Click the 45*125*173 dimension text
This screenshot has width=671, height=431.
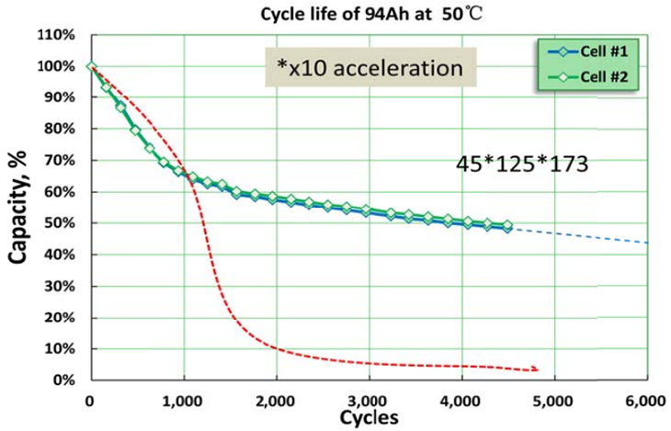click(x=522, y=164)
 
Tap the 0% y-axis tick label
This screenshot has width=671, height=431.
click(x=65, y=380)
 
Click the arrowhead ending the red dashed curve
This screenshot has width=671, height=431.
click(x=536, y=369)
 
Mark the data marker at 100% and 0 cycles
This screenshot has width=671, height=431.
click(x=90, y=66)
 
